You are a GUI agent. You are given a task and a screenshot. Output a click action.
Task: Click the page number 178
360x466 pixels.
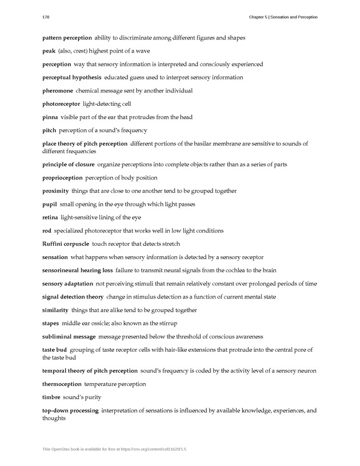pyautogui.click(x=46, y=17)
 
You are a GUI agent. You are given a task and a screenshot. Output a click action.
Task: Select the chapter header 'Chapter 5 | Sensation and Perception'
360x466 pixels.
pyautogui.click(x=283, y=17)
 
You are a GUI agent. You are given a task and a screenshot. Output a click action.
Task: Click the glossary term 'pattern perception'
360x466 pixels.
pyautogui.click(x=67, y=38)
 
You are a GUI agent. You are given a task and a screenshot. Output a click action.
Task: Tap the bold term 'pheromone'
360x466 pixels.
pyautogui.click(x=57, y=90)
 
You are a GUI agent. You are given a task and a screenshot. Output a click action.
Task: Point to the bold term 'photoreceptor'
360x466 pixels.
pyautogui.click(x=61, y=104)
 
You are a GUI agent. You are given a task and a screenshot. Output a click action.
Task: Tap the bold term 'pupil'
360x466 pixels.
pyautogui.click(x=49, y=204)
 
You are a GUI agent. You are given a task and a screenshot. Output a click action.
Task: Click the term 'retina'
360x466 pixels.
pyautogui.click(x=50, y=217)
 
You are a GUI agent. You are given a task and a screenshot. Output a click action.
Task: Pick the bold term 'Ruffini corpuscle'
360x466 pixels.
pyautogui.click(x=65, y=244)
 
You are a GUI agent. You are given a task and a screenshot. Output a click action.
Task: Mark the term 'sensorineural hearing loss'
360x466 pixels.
pyautogui.click(x=77, y=270)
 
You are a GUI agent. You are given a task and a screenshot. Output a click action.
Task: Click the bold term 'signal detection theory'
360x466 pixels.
pyautogui.click(x=73, y=297)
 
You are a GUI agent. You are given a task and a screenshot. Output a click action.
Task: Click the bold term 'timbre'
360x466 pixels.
pyautogui.click(x=51, y=397)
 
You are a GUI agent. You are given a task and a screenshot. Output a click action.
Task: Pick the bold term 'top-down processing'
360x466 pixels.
pyautogui.click(x=70, y=411)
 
